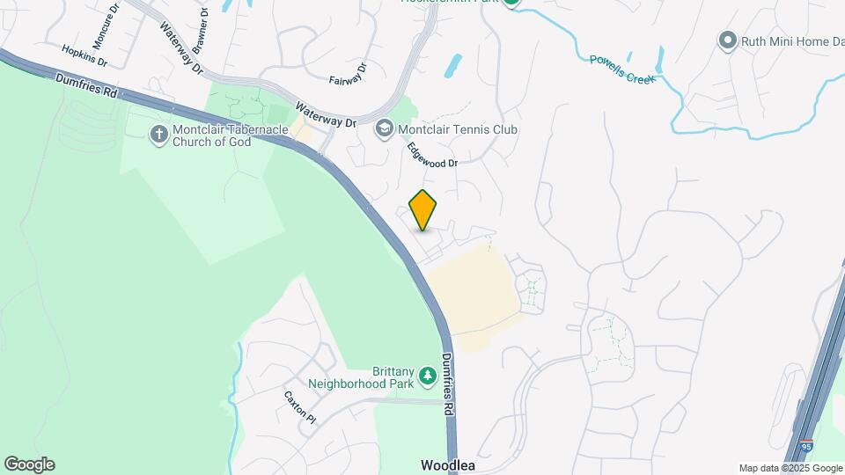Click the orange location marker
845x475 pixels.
click(423, 209)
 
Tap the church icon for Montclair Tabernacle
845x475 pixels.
click(158, 135)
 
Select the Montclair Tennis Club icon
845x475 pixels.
click(384, 129)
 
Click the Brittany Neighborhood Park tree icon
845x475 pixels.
click(428, 376)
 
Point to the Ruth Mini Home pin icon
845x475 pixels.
click(727, 40)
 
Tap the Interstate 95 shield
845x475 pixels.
click(807, 448)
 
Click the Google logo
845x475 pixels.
click(29, 464)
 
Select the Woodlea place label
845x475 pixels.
click(448, 464)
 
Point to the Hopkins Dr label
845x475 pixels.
click(84, 56)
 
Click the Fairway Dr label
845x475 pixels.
click(348, 75)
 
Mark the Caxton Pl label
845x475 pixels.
click(299, 405)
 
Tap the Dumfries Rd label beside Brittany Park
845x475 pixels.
click(451, 384)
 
